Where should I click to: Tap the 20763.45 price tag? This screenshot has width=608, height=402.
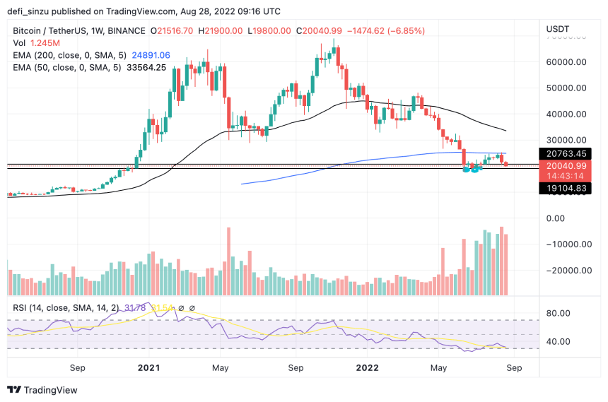point(567,153)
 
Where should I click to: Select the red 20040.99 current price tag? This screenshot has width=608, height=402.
point(567,165)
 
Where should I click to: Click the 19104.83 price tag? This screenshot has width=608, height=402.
point(567,188)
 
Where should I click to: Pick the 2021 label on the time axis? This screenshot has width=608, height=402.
point(148,368)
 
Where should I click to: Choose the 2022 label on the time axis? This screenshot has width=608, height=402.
point(368,368)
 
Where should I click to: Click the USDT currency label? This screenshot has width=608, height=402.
point(558,29)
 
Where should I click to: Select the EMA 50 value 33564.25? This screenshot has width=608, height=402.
point(142,67)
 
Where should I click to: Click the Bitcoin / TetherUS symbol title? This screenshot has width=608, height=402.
point(57,31)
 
